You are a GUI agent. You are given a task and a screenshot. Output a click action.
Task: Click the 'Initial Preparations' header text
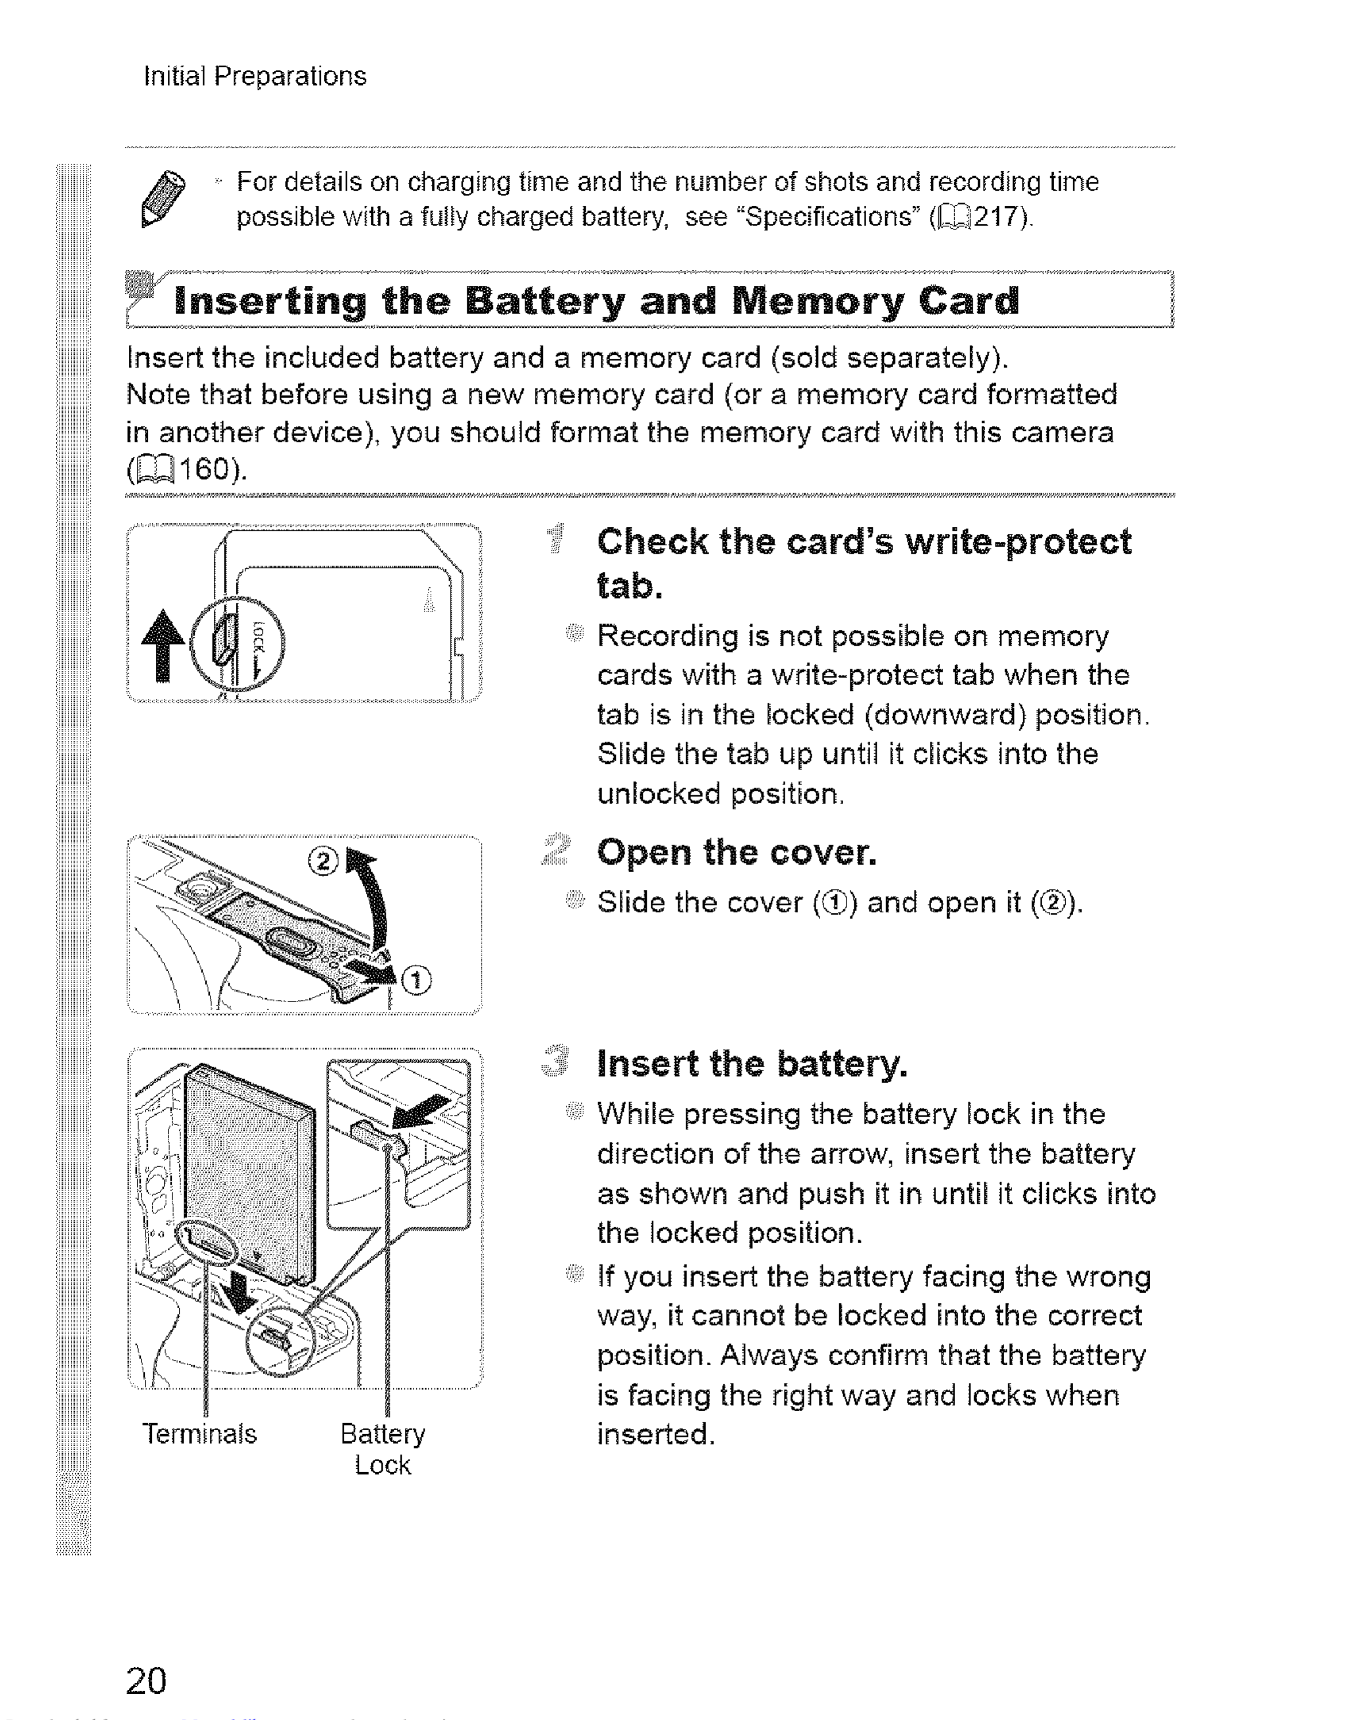click(x=255, y=76)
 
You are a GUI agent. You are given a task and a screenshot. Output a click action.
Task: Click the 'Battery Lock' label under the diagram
click(x=383, y=1449)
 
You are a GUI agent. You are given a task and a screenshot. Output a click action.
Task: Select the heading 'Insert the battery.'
click(x=752, y=1064)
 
